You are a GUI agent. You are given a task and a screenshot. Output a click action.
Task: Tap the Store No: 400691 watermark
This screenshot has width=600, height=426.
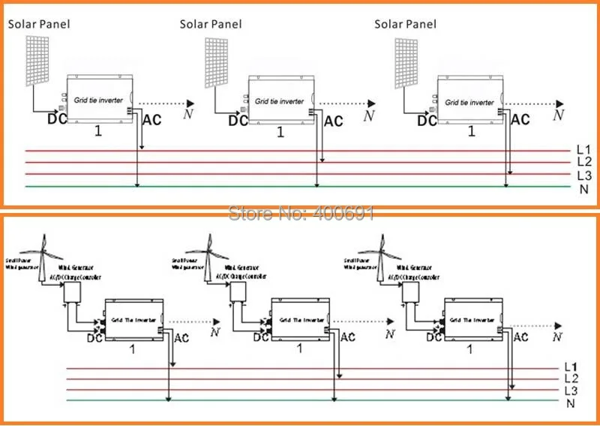[x=300, y=214]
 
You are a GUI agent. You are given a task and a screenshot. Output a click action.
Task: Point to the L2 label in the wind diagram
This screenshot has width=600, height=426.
[x=571, y=379]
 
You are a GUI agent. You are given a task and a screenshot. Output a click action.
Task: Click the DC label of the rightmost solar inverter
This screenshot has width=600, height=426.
[x=427, y=119]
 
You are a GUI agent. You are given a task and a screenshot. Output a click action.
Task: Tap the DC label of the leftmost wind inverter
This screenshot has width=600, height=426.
[x=94, y=338]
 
